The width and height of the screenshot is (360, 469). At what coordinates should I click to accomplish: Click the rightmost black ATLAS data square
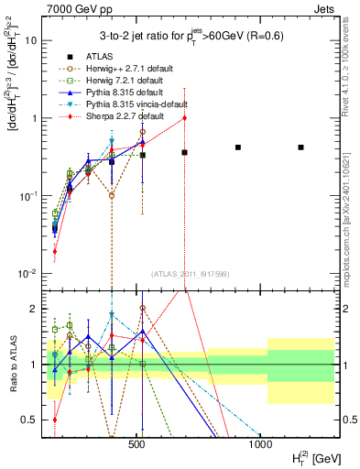[x=300, y=147]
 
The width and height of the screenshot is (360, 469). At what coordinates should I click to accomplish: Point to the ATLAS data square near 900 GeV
[x=237, y=147]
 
